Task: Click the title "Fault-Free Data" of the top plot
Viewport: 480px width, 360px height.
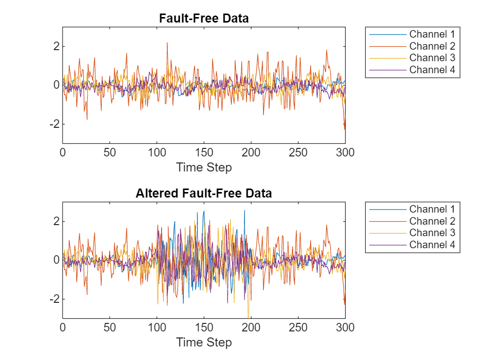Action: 203,19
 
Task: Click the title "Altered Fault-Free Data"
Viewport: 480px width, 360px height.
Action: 203,194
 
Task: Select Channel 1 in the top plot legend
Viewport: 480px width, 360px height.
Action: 432,35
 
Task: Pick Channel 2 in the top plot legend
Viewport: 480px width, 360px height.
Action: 432,46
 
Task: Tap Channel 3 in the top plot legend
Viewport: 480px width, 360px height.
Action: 432,58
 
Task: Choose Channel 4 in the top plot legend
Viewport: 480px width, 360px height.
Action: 432,70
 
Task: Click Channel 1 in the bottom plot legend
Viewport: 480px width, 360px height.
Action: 432,209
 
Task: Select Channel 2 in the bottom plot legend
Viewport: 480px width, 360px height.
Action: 432,221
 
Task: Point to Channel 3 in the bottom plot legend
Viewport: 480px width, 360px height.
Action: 432,233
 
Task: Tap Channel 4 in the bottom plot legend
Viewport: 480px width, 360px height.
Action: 432,245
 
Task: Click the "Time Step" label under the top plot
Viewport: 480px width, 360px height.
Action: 203,167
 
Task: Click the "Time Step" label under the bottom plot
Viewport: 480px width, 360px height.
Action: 203,342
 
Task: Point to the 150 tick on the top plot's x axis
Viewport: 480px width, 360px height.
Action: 203,153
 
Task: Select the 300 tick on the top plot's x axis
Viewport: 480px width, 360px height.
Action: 345,153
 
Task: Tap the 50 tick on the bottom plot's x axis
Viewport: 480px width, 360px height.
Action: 109,328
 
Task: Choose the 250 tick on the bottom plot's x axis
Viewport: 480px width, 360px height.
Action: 298,328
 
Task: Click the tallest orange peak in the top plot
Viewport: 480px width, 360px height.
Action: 167,43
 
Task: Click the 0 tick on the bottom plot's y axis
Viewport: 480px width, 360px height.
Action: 56,260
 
